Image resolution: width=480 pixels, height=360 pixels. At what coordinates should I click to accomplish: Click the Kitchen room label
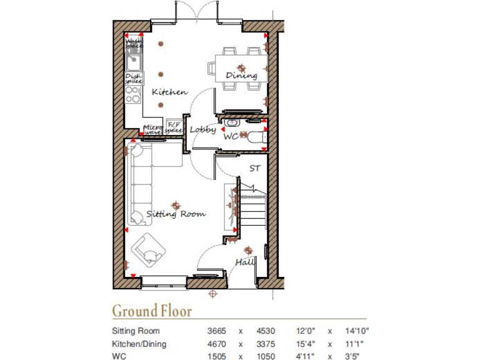tap(169, 92)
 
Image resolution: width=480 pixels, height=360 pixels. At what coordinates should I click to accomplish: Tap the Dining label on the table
tap(242, 76)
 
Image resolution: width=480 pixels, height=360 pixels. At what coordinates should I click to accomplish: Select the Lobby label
tap(203, 130)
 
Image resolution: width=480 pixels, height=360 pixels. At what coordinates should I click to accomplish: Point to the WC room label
tap(231, 135)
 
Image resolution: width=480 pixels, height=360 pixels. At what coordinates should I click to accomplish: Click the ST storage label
tap(254, 168)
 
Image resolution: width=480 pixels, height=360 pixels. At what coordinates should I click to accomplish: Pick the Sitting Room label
tap(176, 214)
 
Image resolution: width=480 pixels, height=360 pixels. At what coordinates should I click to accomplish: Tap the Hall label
tap(244, 263)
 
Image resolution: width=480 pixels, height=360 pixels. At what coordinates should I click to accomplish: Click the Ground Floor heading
tap(152, 311)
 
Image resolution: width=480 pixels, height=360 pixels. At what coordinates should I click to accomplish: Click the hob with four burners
tap(132, 94)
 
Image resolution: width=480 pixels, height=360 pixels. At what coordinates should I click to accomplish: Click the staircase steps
tap(254, 209)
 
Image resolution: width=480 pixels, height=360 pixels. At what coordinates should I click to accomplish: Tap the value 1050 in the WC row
tap(266, 355)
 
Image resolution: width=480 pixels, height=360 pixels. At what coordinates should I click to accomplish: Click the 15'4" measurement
tap(306, 343)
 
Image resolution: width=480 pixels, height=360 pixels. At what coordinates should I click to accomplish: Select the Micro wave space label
tap(153, 129)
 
